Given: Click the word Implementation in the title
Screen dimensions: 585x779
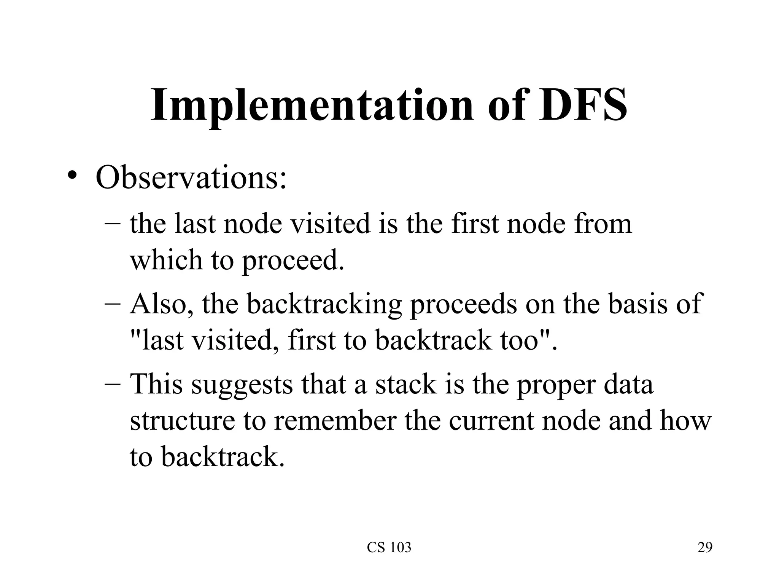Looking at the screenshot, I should point(312,105).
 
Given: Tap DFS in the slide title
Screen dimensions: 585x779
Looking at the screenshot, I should point(583,105).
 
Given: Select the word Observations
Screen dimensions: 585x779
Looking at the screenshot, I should point(191,178).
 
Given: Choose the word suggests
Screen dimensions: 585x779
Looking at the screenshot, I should point(242,385).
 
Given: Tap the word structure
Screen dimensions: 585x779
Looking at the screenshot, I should point(182,420).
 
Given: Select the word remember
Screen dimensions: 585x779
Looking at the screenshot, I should point(335,420).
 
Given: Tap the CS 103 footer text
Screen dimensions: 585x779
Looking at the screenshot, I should point(389,548).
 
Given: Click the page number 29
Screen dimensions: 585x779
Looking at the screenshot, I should point(705,548).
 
